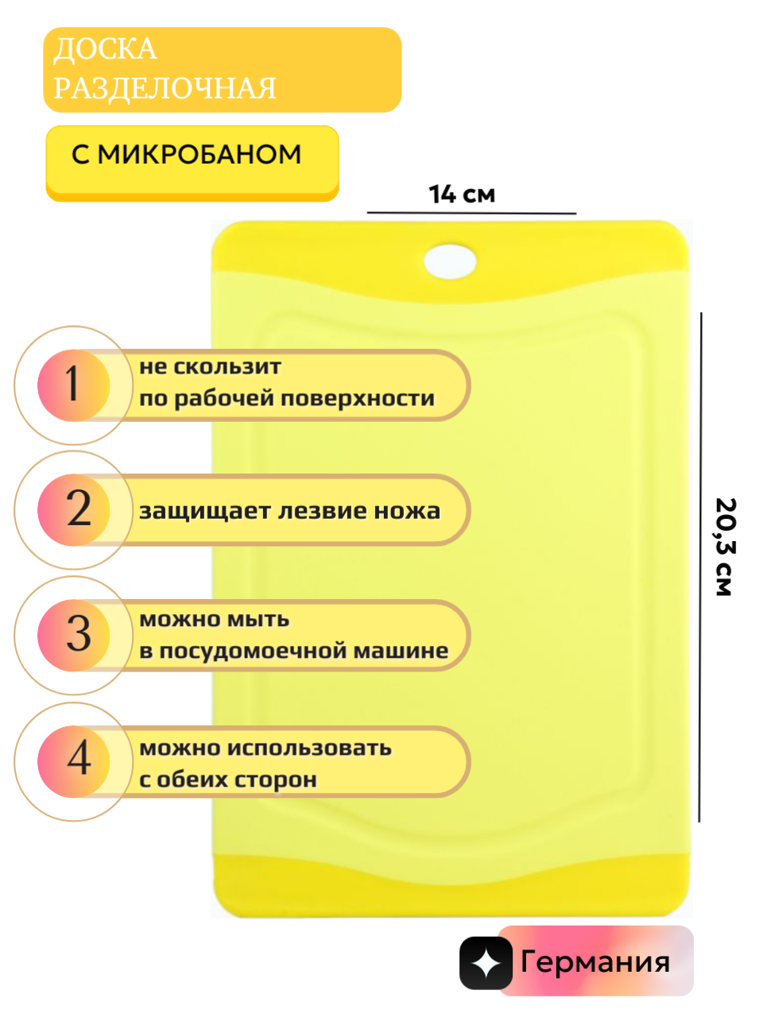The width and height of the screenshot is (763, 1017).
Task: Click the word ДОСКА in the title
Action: coord(105,49)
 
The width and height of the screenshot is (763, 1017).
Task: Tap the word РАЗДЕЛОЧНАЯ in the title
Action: coord(165,88)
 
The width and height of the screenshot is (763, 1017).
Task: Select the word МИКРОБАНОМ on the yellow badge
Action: coord(199,154)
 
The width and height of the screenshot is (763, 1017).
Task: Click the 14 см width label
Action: coord(461,194)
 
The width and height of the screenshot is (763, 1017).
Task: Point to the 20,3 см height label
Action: coord(726,547)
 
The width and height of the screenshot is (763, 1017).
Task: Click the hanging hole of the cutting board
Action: coord(450,261)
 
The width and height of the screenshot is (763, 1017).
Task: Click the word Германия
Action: coord(595,962)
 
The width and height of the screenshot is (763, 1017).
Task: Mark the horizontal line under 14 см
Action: coord(471,213)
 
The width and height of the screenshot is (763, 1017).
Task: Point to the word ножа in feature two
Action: coord(410,511)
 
